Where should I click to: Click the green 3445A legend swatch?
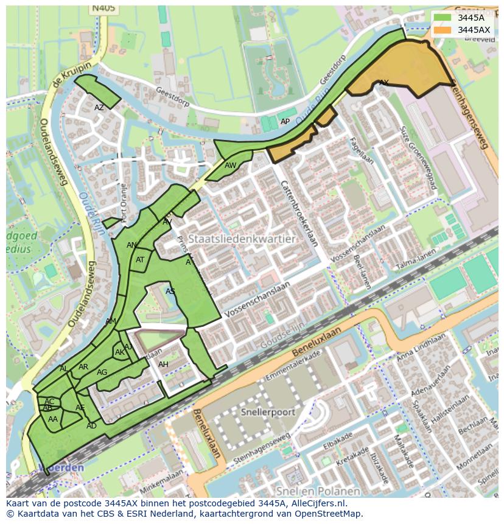pyautogui.click(x=443, y=18)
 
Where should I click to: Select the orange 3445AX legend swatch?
pyautogui.click(x=443, y=30)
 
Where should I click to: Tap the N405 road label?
pyautogui.click(x=103, y=9)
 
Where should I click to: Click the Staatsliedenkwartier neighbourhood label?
pyautogui.click(x=242, y=239)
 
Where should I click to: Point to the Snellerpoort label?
pyautogui.click(x=267, y=412)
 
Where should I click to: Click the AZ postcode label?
pyautogui.click(x=99, y=108)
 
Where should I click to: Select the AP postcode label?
pyautogui.click(x=285, y=122)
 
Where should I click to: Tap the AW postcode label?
pyautogui.click(x=230, y=166)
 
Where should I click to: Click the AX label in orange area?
pyautogui.click(x=383, y=83)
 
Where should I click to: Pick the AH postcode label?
pyautogui.click(x=163, y=365)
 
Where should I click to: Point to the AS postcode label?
pyautogui.click(x=170, y=292)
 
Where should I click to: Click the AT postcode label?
pyautogui.click(x=140, y=260)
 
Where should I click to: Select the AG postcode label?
pyautogui.click(x=102, y=372)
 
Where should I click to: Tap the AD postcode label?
pyautogui.click(x=91, y=426)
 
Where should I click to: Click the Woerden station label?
pyautogui.click(x=61, y=467)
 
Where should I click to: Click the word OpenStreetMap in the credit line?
pyautogui.click(x=332, y=514)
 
